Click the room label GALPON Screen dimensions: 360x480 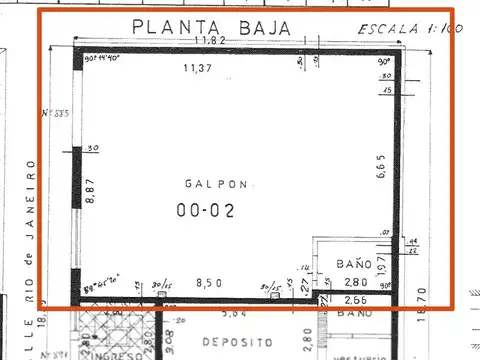pos(211,183)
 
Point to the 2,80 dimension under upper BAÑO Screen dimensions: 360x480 pos(356,284)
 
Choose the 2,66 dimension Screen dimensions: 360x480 pos(356,299)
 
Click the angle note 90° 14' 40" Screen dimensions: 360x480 pos(103,59)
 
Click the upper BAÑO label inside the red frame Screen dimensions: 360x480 pos(353,264)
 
